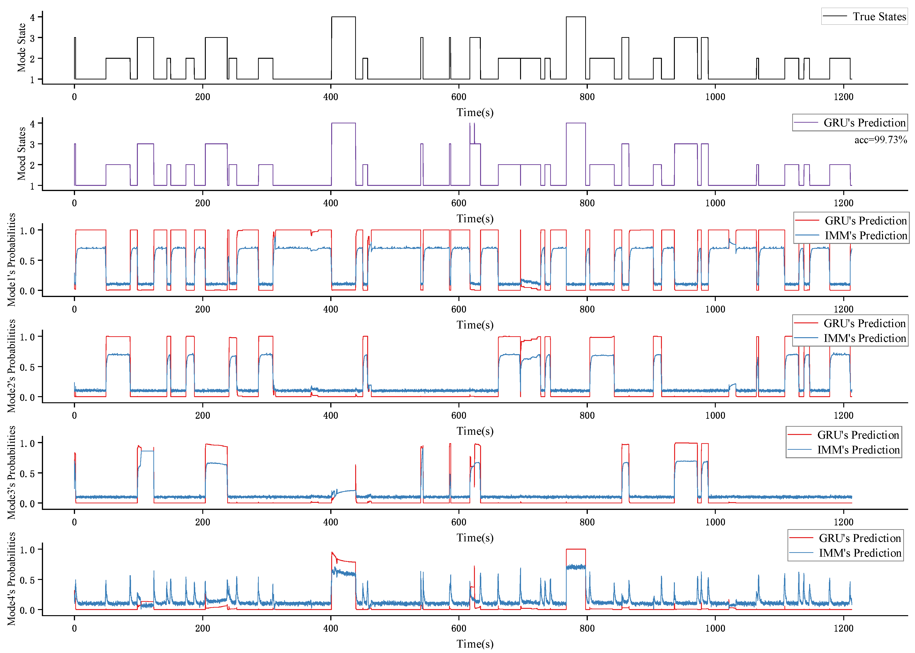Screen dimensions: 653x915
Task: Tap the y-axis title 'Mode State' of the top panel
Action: [x=21, y=47]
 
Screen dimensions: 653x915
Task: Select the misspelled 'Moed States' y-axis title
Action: [x=21, y=154]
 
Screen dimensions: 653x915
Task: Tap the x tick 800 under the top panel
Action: [x=587, y=97]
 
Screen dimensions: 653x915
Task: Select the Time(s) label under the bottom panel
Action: [x=475, y=644]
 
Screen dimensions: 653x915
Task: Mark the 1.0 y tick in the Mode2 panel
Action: [x=27, y=337]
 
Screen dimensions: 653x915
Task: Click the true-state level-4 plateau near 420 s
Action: [x=343, y=17]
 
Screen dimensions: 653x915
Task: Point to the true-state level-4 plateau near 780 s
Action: [x=576, y=17]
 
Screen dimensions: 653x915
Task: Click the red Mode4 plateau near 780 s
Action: [x=576, y=549]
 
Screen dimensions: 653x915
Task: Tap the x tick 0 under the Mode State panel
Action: [x=75, y=97]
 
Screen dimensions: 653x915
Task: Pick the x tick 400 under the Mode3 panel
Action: [x=331, y=522]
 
